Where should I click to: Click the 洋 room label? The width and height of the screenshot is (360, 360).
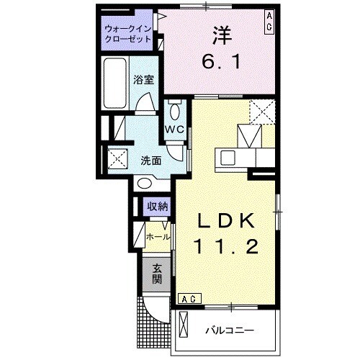point(220,33)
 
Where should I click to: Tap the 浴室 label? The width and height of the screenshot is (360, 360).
point(145,80)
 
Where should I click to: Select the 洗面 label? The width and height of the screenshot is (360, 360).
point(150,160)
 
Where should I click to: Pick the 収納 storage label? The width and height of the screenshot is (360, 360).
point(158,207)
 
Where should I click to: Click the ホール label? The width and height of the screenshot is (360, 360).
point(158,237)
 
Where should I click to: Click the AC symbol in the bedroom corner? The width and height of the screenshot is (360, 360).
point(269,19)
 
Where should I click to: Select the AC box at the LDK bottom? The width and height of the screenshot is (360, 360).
point(188,298)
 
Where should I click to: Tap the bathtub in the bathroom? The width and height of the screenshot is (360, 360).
point(116,83)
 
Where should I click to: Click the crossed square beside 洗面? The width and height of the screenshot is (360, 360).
point(117,158)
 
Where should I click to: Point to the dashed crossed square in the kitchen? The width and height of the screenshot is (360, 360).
point(262,112)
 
